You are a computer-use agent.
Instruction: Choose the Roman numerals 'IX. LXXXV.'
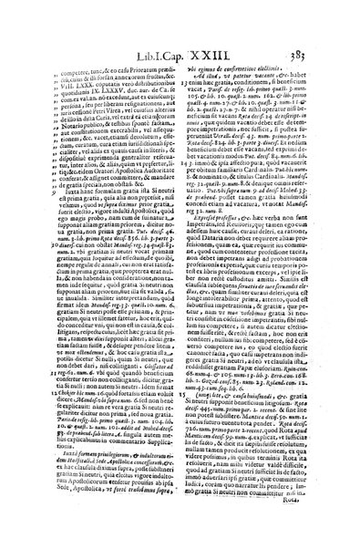pyautogui.click(x=100, y=73)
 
